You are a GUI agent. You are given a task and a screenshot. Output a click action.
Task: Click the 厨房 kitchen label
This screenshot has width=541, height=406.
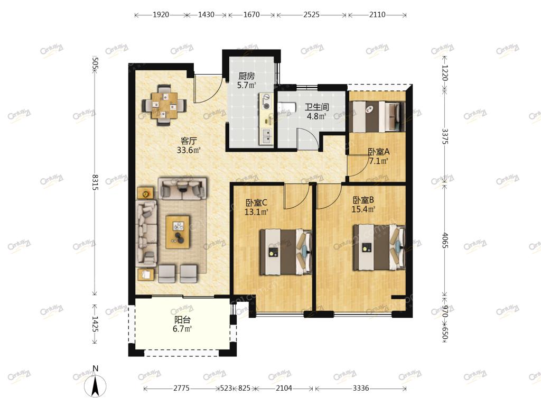tap(246, 76)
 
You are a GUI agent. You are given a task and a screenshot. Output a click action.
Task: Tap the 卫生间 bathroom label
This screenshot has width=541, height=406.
tap(317, 107)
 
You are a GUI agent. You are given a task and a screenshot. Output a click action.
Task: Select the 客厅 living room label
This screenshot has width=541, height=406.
tap(189, 141)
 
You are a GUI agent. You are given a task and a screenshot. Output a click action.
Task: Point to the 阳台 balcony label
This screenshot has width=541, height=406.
tap(182, 320)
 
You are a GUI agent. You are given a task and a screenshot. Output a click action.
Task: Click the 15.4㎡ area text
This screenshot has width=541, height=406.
tap(363, 209)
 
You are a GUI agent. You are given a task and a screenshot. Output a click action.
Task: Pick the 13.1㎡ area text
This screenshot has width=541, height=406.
tap(256, 212)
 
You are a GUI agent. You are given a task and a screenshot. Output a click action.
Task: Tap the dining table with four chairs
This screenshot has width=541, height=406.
tap(164, 105)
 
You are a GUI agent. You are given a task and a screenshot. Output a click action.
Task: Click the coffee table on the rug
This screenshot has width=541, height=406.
tap(178, 232)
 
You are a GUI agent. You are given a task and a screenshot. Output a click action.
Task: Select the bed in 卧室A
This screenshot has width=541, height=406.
tap(377, 117)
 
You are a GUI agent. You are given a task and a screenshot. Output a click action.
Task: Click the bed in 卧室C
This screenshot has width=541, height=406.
tap(286, 252)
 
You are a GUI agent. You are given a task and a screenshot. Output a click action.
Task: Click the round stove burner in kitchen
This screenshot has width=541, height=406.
tap(266, 106)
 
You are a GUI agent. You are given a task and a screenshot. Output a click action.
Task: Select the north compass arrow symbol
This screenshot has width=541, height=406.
tap(95, 385)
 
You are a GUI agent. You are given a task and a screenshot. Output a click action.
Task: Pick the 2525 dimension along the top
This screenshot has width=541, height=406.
tap(311, 14)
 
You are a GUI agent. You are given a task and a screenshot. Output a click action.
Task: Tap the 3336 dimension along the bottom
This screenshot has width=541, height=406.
tap(360, 388)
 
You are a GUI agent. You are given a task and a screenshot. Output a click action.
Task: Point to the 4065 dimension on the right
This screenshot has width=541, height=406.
tap(445, 241)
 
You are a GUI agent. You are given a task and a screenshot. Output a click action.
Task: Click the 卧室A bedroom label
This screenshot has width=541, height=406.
tap(379, 152)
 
